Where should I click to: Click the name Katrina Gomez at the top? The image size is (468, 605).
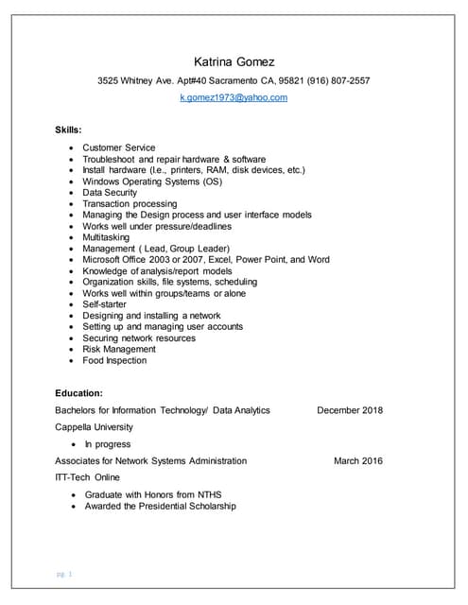(234, 61)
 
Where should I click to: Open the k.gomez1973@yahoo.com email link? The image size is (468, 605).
(234, 97)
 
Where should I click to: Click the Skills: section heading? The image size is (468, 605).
(69, 128)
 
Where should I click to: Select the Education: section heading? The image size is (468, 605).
(79, 392)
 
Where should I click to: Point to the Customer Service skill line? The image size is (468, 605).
(118, 148)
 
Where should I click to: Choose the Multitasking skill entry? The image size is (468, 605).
(110, 237)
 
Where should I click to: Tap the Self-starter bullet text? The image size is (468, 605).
(104, 304)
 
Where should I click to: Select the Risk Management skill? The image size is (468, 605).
(118, 349)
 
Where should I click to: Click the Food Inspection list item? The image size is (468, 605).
(114, 360)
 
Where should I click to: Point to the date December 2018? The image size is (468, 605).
(350, 410)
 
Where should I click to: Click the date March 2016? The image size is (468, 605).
(358, 461)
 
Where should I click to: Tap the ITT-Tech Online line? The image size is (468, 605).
(88, 478)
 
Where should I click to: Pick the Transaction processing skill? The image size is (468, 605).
(130, 204)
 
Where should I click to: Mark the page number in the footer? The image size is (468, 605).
(65, 573)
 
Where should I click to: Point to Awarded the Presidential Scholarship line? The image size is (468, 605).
(160, 506)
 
